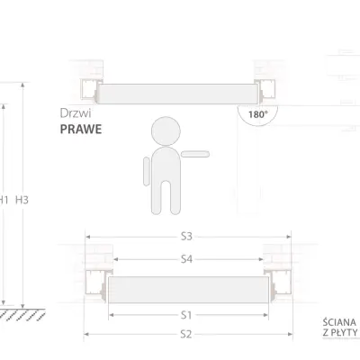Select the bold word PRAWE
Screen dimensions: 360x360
(80, 129)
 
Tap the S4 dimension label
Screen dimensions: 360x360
(185, 259)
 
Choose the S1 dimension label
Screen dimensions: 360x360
(185, 315)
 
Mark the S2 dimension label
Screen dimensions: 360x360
(185, 334)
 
